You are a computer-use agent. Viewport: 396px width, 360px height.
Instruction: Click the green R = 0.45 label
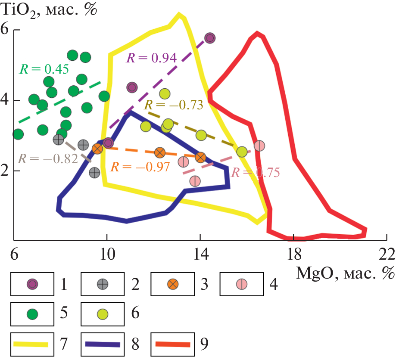(x=44, y=69)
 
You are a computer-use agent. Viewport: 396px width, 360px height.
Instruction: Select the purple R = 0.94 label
(x=151, y=58)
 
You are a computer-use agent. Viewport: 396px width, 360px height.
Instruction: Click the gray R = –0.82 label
(x=47, y=158)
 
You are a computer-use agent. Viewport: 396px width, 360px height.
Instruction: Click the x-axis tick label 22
(x=387, y=254)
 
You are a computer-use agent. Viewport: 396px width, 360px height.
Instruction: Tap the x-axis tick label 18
(x=293, y=254)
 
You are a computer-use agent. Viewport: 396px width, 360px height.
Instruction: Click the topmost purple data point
(x=210, y=38)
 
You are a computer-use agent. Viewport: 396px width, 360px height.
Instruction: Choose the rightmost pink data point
(x=259, y=146)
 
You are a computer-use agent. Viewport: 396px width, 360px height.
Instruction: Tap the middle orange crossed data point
(x=160, y=152)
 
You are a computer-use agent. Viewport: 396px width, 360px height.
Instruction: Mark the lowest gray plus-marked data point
(x=95, y=173)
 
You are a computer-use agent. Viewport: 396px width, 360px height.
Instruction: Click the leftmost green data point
(x=18, y=134)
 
